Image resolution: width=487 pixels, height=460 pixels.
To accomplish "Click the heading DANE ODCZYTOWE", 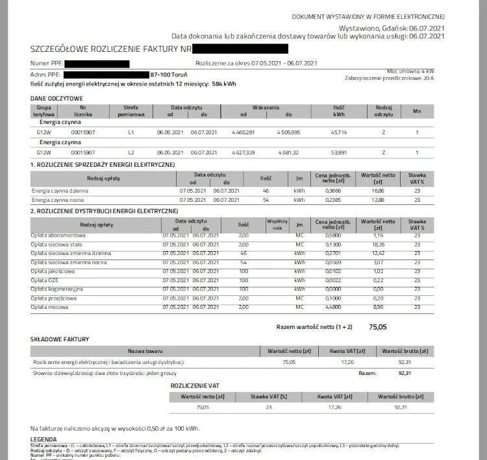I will click(x=56, y=98).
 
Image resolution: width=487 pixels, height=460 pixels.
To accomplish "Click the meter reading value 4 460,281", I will click(x=242, y=132).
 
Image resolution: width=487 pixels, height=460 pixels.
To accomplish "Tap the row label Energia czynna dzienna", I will click(x=60, y=191).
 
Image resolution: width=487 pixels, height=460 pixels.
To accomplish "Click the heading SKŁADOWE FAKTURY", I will click(x=60, y=339).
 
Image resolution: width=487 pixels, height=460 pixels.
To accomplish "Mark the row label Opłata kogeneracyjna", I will click(x=56, y=289).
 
